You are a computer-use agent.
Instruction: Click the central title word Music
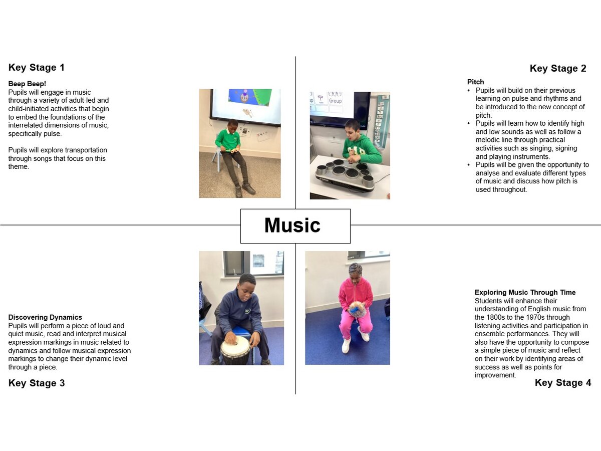click(x=292, y=225)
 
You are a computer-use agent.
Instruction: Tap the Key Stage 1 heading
click(x=37, y=67)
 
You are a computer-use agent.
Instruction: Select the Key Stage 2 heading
click(x=558, y=68)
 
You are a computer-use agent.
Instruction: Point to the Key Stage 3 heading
click(x=37, y=383)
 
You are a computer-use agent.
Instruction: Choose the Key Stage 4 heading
click(x=563, y=382)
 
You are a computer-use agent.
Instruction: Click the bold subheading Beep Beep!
click(x=27, y=84)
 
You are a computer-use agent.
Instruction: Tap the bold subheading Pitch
click(x=476, y=82)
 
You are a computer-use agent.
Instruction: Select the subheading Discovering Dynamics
click(x=45, y=317)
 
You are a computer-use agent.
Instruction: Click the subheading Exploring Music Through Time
click(x=525, y=292)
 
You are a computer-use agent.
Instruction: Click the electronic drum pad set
click(x=345, y=175)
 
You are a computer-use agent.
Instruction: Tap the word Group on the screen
click(x=336, y=101)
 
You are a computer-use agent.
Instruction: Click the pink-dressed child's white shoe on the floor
click(x=346, y=345)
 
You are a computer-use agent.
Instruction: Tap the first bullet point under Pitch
click(x=469, y=91)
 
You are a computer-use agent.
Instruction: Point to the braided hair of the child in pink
click(x=356, y=269)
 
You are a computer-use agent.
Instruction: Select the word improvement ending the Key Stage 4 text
click(x=495, y=375)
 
